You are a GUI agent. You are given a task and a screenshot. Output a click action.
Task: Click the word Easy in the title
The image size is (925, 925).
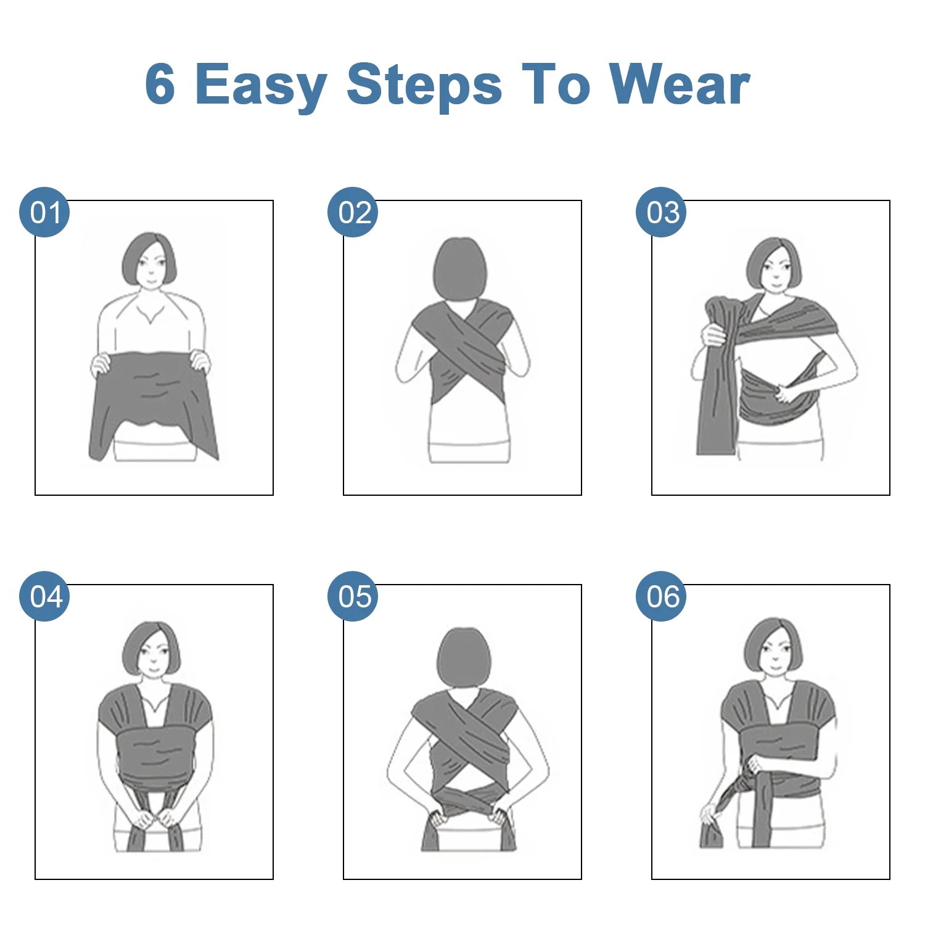coord(261,86)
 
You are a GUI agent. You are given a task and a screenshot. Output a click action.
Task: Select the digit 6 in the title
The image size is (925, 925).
coord(160,84)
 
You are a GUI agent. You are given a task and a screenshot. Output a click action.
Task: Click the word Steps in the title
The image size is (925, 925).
coord(424,86)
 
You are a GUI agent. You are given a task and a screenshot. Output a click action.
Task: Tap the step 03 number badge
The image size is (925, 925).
coord(661,212)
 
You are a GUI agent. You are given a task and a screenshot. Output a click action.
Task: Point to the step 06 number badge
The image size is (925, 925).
coord(661,596)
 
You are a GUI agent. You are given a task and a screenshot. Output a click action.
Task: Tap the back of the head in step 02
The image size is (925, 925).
coord(461,268)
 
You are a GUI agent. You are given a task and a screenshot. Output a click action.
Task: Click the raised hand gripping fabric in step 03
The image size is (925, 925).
coord(714,335)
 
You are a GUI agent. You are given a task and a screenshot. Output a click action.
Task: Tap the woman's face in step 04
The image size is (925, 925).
coord(152,652)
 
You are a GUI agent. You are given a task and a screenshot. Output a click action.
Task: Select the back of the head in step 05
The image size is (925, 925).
coord(464,657)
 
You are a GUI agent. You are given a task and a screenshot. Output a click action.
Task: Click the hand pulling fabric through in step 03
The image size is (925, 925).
coord(787,393)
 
